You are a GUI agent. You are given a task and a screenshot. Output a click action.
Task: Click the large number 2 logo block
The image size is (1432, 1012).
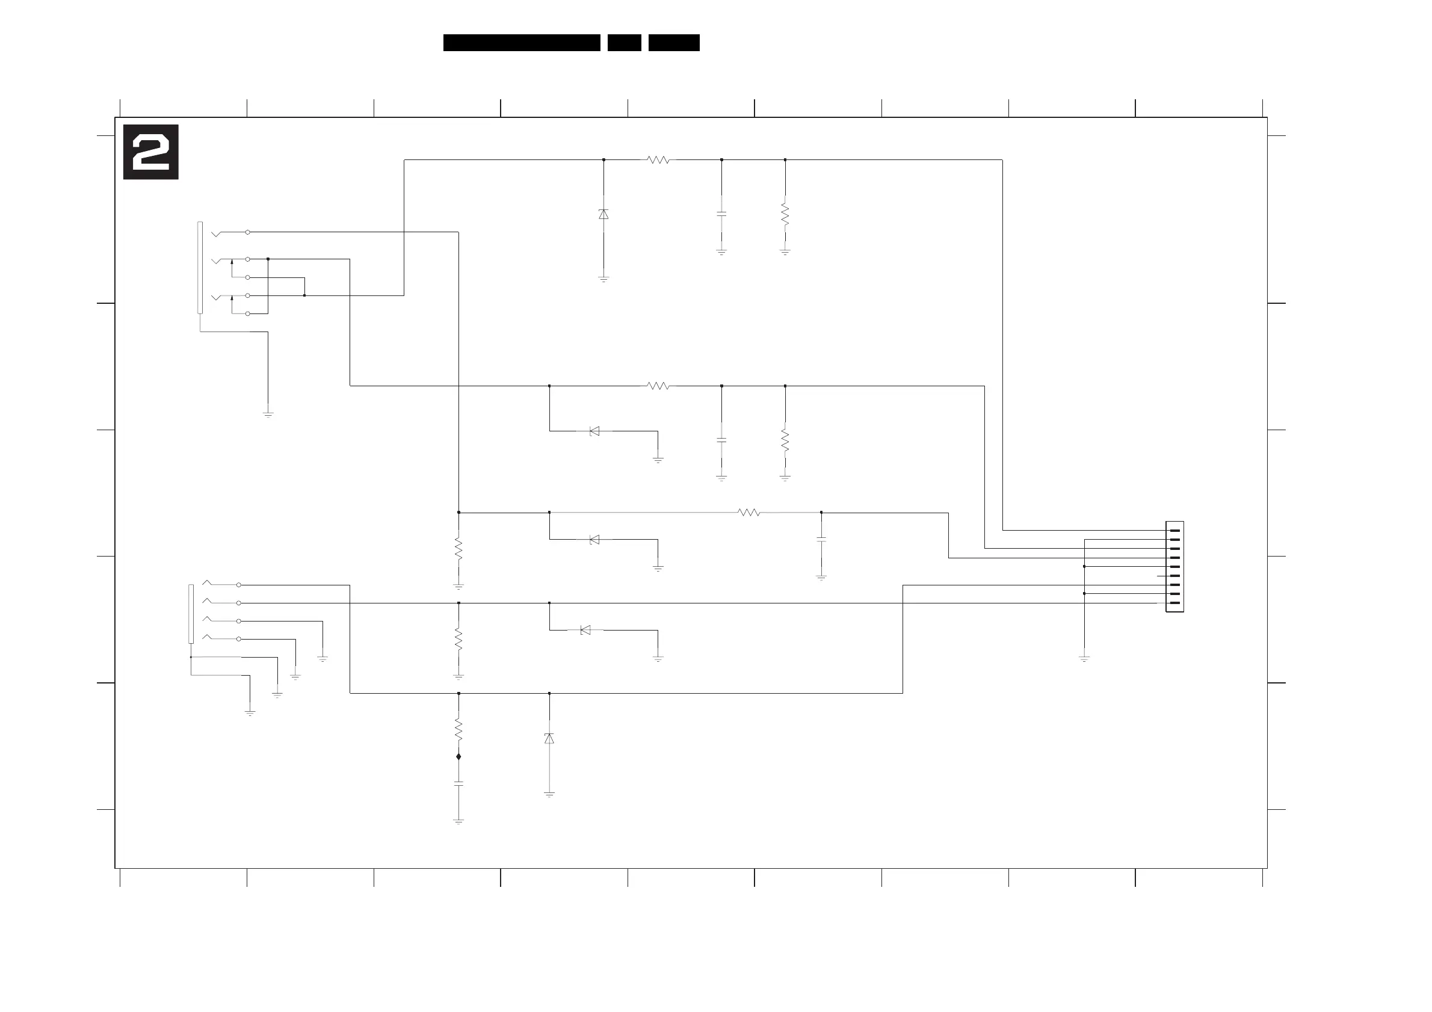[150, 152]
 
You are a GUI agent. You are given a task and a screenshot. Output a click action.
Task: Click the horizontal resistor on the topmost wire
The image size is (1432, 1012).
[658, 159]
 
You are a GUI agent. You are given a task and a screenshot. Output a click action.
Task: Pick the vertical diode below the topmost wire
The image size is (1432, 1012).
[603, 214]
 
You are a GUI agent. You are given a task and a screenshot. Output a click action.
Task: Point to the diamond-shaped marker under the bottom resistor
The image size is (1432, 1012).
[458, 756]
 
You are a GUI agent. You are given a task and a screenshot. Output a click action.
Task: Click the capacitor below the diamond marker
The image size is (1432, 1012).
[458, 783]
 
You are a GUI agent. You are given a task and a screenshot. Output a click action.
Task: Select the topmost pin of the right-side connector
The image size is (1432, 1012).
[1174, 530]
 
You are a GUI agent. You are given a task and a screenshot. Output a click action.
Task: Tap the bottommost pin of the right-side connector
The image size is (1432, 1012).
[1174, 603]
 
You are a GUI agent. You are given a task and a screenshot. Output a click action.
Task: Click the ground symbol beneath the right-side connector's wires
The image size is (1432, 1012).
[1084, 658]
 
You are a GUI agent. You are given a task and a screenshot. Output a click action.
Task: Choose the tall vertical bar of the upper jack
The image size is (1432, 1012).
[200, 268]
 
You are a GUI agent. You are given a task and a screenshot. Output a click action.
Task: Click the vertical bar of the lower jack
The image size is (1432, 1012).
[191, 614]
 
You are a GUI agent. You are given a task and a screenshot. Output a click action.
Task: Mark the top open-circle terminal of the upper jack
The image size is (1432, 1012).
[248, 232]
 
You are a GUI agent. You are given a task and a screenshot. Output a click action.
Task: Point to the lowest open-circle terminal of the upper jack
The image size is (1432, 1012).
[248, 313]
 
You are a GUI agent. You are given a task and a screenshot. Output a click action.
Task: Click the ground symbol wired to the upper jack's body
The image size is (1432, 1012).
[268, 414]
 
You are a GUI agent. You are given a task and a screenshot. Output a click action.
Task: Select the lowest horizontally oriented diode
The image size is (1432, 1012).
[585, 630]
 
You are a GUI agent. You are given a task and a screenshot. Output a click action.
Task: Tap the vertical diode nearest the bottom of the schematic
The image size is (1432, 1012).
[549, 738]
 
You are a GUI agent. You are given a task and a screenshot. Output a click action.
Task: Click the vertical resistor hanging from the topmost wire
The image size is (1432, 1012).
[785, 213]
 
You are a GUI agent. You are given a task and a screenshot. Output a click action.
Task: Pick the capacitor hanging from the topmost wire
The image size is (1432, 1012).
[721, 213]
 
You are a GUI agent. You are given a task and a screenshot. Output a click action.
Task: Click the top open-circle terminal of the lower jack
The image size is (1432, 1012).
[238, 585]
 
